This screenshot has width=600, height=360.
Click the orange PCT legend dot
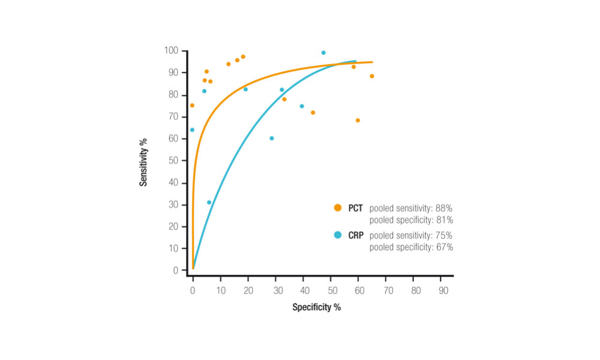pos(337,208)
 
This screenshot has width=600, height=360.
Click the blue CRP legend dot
pos(337,235)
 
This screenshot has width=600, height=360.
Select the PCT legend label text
pos(355,208)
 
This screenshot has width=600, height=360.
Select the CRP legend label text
pos(355,235)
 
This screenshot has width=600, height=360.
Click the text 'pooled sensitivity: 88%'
pos(411,208)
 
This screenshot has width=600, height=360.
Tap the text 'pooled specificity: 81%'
pos(411,220)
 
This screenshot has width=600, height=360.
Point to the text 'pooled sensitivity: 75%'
pos(411,235)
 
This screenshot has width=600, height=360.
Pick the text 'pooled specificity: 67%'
pos(411,247)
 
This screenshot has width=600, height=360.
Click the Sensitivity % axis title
pos(143,161)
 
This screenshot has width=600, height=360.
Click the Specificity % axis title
pos(317,307)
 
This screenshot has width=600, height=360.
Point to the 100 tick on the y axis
pos(171,50)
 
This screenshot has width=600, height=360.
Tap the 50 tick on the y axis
pos(173,160)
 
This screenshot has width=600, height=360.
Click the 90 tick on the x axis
pos(443,290)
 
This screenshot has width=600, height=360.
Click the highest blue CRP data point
pos(323,53)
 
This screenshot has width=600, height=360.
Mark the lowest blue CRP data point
pos(209,202)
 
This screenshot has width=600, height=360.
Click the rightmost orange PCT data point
pos(372,76)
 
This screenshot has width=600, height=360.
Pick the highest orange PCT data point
pos(243,57)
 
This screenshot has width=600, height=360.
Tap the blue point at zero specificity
pos(192,130)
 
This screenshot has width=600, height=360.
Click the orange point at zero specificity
pos(192,106)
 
